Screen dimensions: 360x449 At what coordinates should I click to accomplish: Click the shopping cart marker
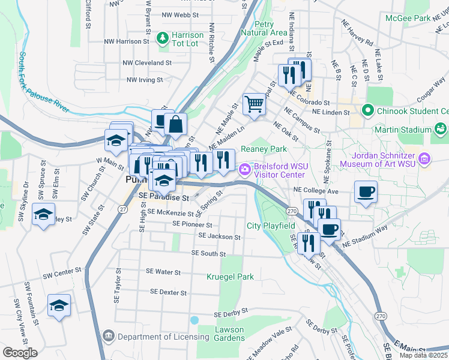[254, 105]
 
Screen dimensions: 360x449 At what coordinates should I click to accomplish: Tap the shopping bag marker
[175, 125]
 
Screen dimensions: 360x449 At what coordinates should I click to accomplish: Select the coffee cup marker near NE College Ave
[366, 193]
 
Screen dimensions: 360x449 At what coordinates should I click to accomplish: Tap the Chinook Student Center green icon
[367, 110]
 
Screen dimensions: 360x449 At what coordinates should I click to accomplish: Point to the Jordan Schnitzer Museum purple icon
[425, 158]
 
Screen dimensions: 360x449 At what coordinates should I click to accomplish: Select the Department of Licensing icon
[108, 335]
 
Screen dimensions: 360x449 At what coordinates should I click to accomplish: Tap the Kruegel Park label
[230, 277]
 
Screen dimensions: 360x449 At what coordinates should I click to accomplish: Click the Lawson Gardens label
[229, 334]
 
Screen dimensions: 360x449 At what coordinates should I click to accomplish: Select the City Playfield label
[271, 226]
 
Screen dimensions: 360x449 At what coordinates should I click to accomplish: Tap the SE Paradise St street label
[163, 197]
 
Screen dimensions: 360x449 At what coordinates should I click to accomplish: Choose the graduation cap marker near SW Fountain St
[59, 306]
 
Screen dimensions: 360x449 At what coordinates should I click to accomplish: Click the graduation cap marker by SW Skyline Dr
[43, 215]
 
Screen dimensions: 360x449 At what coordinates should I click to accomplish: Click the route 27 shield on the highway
[122, 209]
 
